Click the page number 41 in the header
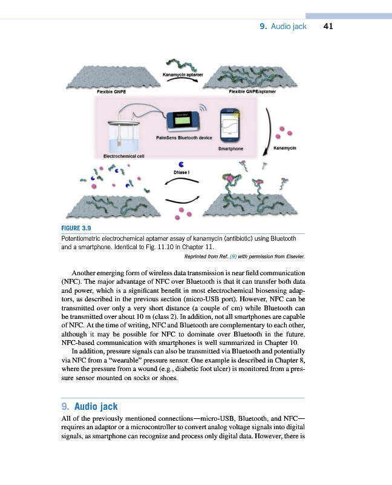coord(328,27)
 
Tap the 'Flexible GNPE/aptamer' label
coord(252,92)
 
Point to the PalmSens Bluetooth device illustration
coord(185,121)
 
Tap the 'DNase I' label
coord(182,173)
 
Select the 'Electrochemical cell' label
coord(123,156)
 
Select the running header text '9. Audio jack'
coord(283,27)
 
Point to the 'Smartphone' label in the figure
coord(230,148)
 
